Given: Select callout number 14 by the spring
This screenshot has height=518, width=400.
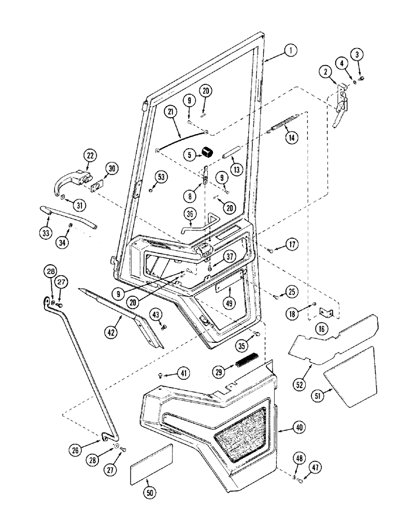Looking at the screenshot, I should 292,138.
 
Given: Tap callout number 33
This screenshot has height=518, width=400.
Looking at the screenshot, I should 47,233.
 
